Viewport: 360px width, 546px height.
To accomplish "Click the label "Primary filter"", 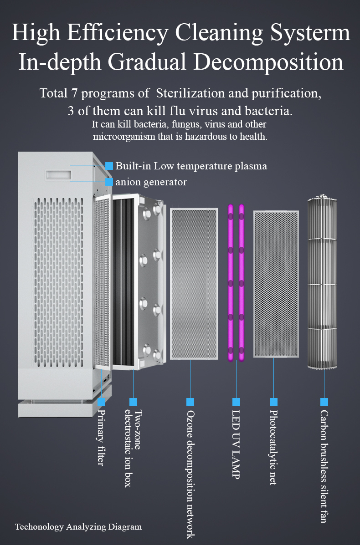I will [101, 438].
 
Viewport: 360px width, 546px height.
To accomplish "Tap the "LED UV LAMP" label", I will [236, 444].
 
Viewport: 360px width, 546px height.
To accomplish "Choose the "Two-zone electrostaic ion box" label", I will [133, 449].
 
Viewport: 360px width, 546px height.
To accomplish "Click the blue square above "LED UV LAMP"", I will [236, 402].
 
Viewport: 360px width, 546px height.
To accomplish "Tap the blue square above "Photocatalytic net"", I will [273, 402].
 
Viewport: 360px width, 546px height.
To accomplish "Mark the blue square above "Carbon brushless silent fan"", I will [324, 402].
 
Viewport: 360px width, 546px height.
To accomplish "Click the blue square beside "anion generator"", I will [109, 182].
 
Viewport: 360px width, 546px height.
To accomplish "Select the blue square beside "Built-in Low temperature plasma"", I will [109, 166].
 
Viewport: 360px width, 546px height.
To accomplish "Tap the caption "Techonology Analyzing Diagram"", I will [78, 527].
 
